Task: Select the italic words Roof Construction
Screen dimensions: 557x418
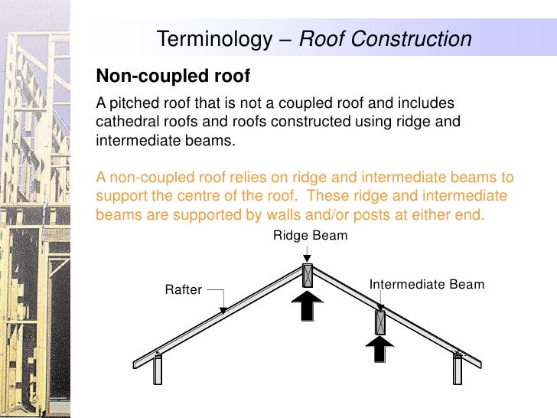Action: point(385,39)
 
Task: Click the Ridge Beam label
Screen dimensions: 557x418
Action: point(310,236)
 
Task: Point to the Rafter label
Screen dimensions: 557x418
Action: point(184,289)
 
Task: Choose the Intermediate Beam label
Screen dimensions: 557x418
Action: point(427,285)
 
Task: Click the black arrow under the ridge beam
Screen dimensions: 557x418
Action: point(307,307)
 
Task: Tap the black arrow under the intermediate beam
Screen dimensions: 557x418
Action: point(379,348)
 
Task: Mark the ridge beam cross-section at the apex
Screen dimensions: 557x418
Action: point(307,275)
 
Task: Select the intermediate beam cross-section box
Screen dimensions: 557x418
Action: point(379,322)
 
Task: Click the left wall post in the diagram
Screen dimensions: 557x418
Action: point(158,369)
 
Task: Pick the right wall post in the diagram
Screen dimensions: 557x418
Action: point(458,369)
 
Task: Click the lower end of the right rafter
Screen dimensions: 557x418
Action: point(477,362)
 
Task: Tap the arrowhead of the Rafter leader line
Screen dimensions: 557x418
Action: point(223,310)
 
